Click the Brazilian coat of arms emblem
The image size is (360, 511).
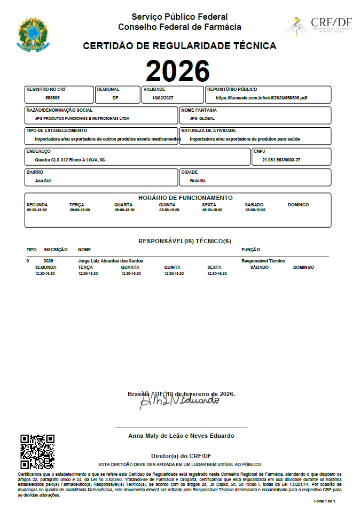pyautogui.click(x=33, y=33)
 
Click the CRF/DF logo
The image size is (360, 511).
pyautogui.click(x=319, y=25)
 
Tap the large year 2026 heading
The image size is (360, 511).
pyautogui.click(x=177, y=71)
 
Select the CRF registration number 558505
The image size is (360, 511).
pyautogui.click(x=52, y=98)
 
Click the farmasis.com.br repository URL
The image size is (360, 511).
pyautogui.click(x=261, y=98)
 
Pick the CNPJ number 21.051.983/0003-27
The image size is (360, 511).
pyautogui.click(x=281, y=160)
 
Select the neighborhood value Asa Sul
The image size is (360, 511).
pyautogui.click(x=43, y=181)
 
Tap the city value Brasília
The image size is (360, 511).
pyautogui.click(x=198, y=181)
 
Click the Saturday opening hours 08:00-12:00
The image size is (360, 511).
pyautogui.click(x=255, y=210)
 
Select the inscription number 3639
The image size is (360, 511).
pyautogui.click(x=48, y=261)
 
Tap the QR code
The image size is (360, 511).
pyautogui.click(x=37, y=452)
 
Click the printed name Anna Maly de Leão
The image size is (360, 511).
pyautogui.click(x=181, y=436)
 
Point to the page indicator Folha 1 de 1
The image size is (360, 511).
pyautogui.click(x=325, y=501)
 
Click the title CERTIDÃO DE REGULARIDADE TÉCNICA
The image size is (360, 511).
pyautogui.click(x=179, y=47)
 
